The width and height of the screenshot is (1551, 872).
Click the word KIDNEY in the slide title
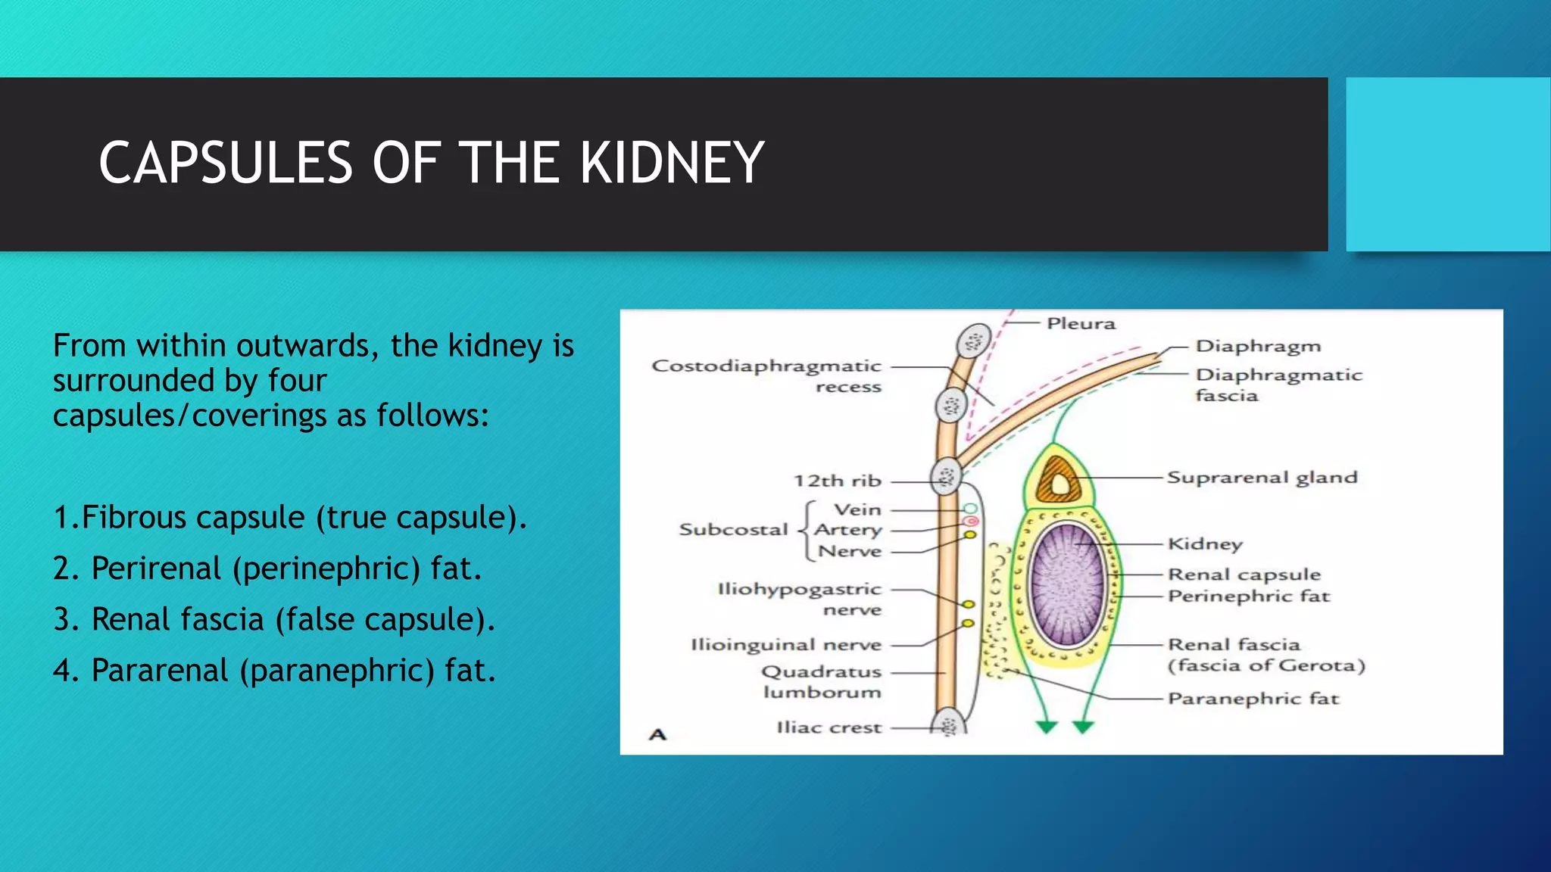[672, 163]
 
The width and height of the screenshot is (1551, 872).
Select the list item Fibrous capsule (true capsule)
[289, 518]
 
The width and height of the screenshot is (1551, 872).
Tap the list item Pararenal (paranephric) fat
[274, 671]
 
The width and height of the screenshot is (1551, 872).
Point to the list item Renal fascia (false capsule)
[274, 620]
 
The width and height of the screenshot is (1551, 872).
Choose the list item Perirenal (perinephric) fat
[267, 568]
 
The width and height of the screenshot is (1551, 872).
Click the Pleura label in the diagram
[1081, 324]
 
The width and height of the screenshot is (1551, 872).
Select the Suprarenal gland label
[1262, 478]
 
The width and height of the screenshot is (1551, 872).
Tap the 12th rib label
[837, 481]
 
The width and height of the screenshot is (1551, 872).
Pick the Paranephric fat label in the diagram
[1253, 699]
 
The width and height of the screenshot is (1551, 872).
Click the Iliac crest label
[829, 727]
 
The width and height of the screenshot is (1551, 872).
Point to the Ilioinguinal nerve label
[786, 645]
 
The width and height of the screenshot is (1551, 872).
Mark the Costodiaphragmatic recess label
[766, 376]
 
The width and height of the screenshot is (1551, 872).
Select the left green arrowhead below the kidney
[1047, 727]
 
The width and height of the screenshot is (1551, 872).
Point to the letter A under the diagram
[657, 734]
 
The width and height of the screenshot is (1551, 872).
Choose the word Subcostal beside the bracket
[733, 530]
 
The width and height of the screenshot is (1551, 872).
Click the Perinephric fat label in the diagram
[1248, 596]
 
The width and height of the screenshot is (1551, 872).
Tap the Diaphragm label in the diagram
[1258, 347]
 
